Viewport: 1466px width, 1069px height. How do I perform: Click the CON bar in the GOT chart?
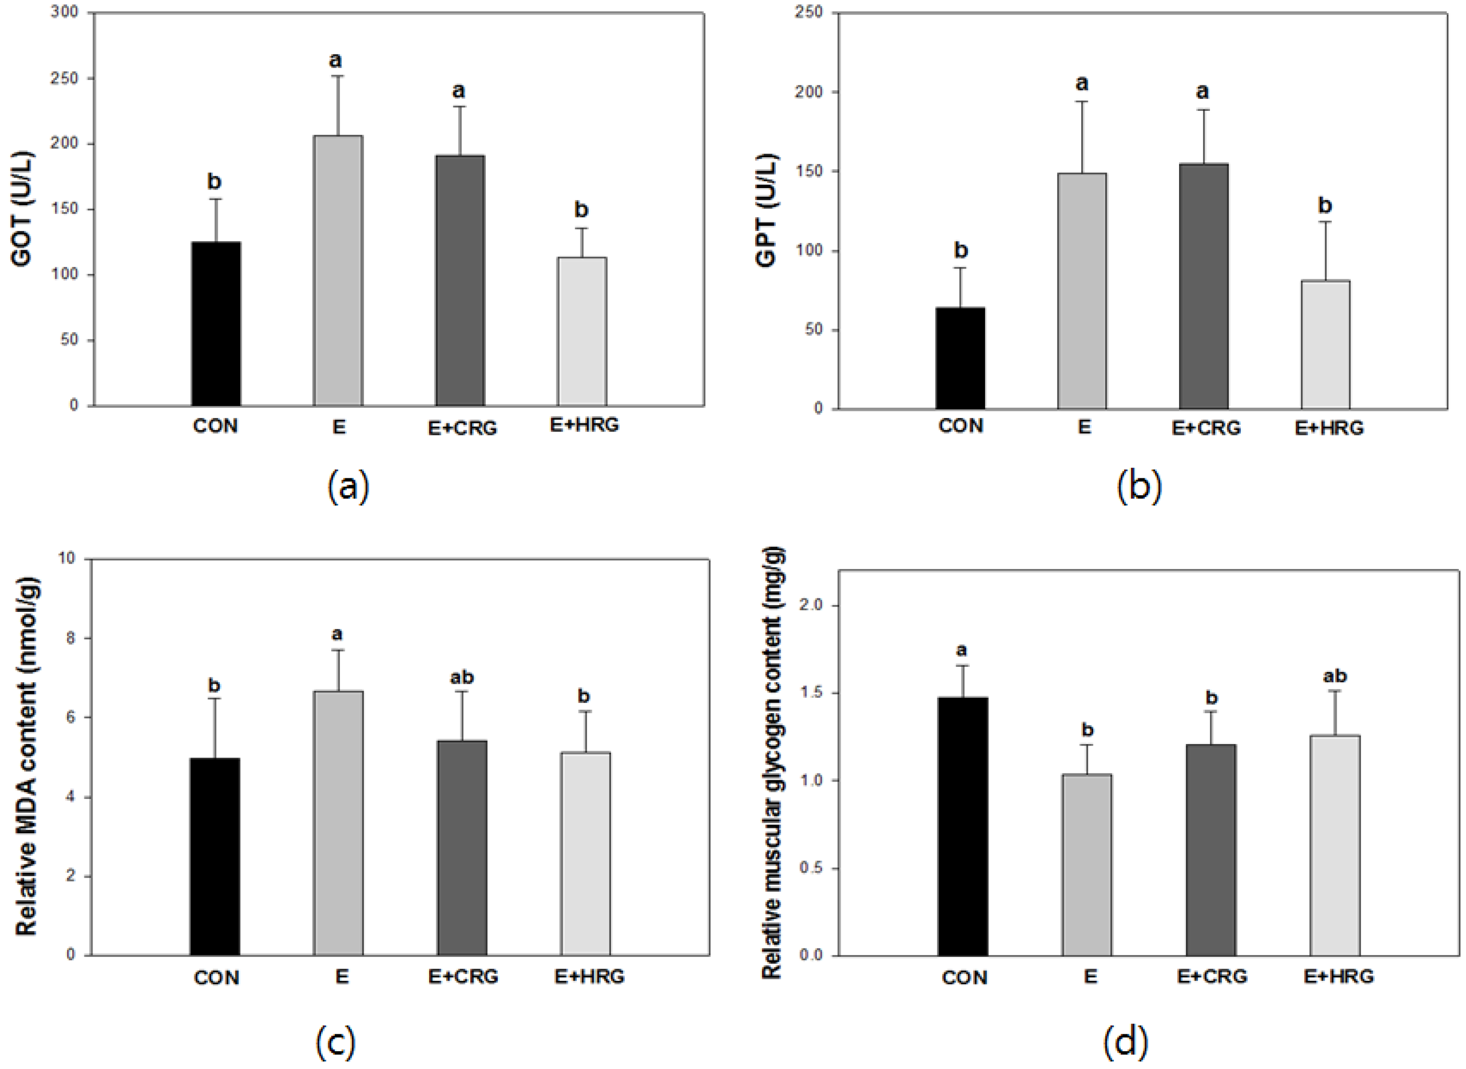[216, 324]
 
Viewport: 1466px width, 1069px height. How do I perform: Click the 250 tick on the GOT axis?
[65, 78]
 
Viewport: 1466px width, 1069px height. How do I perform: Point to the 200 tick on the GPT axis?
[809, 93]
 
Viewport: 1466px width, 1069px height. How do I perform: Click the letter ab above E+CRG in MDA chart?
[462, 677]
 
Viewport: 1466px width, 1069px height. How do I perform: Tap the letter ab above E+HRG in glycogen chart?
[1335, 676]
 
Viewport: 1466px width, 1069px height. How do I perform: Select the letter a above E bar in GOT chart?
[335, 60]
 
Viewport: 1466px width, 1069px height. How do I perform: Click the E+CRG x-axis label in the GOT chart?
[462, 428]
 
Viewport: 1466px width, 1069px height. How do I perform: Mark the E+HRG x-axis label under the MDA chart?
[589, 976]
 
